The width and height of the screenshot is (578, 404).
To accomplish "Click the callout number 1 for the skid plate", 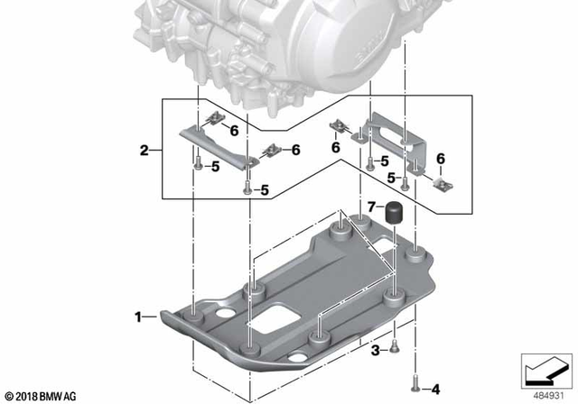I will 138,317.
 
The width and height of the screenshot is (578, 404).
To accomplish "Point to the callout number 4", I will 435,389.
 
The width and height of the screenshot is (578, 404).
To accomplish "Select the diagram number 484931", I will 544,394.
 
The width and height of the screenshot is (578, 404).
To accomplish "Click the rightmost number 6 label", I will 442,159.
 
